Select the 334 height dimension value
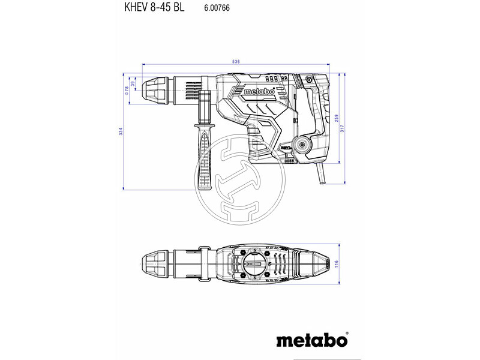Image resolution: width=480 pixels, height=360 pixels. [x=119, y=131]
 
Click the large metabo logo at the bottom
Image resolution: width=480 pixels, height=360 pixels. [x=311, y=340]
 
